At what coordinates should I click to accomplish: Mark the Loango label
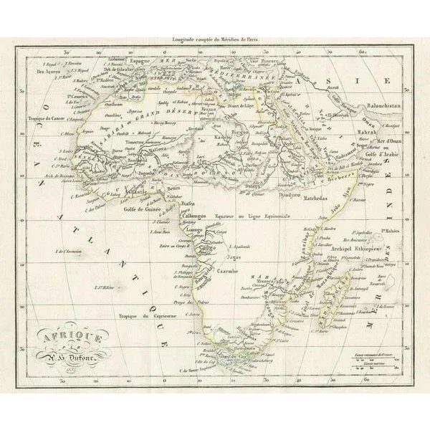click(188, 229)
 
